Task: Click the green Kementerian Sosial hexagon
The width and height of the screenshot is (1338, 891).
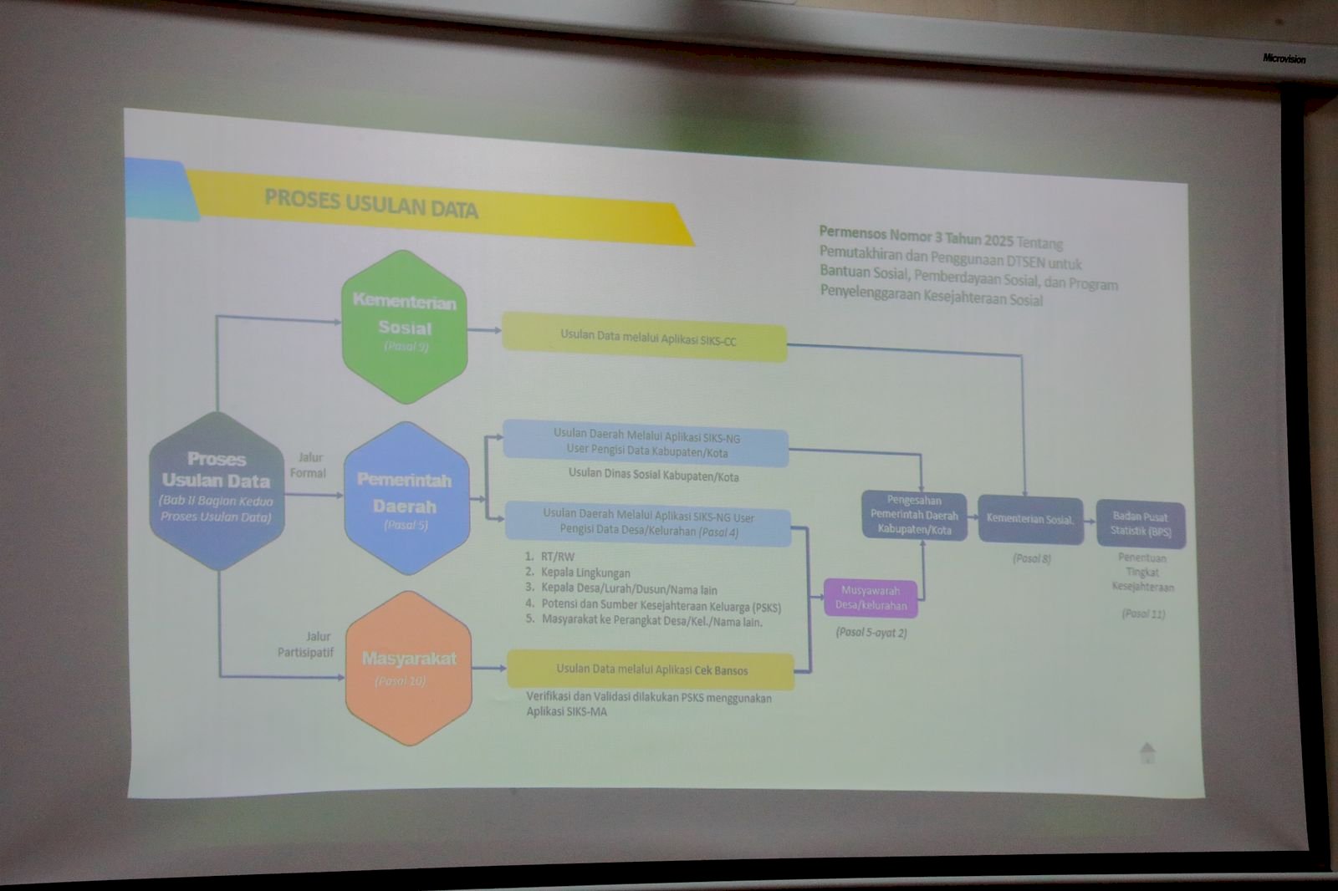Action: pos(405,326)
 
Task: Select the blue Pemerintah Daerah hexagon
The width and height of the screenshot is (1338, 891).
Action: pos(406,498)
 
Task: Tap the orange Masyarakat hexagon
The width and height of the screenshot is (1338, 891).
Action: pos(409,668)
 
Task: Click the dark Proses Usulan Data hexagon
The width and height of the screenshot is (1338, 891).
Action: pos(217,491)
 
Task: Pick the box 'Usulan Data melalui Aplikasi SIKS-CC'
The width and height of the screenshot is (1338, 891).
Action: pos(645,338)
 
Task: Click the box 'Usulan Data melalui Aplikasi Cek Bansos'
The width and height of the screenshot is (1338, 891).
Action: pos(651,670)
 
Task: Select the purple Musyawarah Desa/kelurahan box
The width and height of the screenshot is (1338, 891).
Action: pos(871,598)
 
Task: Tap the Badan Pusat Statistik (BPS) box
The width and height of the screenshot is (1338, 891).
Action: pos(1141,523)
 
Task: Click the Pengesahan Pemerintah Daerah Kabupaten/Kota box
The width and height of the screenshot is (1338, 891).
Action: pos(913,515)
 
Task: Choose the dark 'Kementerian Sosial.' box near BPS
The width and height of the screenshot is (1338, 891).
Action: pos(1030,519)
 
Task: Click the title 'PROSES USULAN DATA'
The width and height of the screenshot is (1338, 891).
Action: pos(371,203)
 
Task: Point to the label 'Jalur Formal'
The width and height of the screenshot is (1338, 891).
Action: pos(309,466)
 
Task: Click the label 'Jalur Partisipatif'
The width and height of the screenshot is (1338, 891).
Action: pos(306,644)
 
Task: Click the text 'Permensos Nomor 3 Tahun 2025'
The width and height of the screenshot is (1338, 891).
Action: pos(916,236)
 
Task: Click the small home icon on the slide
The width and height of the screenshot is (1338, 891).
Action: pos(1147,752)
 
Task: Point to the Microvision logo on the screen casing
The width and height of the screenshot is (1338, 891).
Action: pos(1284,59)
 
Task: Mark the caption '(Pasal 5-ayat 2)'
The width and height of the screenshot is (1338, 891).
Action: pos(871,633)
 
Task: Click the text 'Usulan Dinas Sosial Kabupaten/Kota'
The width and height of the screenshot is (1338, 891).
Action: pos(653,475)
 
